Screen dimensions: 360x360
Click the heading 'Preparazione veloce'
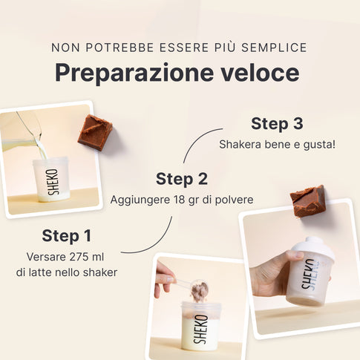[x=177, y=73]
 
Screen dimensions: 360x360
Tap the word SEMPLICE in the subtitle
[x=274, y=48]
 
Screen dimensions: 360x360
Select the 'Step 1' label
[x=67, y=236]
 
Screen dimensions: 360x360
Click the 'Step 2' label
[x=182, y=179]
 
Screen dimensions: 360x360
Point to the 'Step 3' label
[x=277, y=123]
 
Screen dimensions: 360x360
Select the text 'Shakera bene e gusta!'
[x=277, y=144]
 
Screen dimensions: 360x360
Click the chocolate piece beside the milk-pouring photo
[x=95, y=132]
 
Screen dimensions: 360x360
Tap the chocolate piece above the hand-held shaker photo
[x=307, y=200]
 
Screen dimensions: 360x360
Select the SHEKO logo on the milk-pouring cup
[x=53, y=182]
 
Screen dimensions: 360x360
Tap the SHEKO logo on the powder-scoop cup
[x=200, y=329]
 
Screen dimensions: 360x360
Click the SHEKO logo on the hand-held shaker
[x=308, y=274]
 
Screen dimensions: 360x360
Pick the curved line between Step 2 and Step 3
[x=196, y=139]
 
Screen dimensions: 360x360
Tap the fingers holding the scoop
[x=164, y=278]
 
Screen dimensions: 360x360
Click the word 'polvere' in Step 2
[x=234, y=200]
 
